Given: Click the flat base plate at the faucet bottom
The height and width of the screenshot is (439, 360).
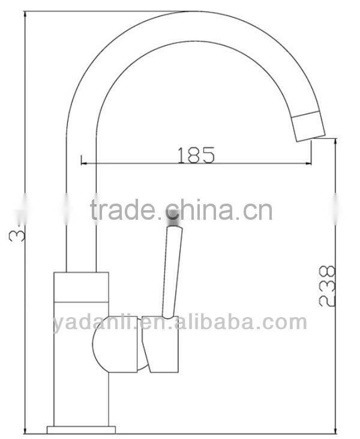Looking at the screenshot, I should tap(80, 429).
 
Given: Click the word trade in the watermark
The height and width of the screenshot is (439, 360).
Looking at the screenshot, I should tap(124, 211).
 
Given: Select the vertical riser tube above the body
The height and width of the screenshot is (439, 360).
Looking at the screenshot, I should tap(80, 228).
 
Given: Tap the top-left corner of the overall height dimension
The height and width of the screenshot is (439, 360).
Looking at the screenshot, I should tap(25, 11).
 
